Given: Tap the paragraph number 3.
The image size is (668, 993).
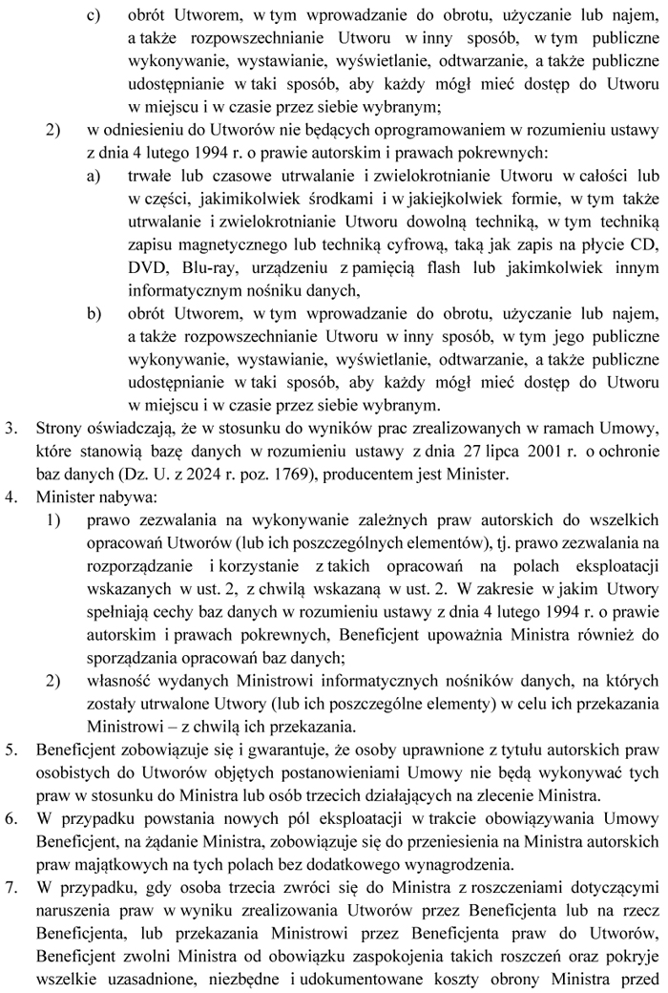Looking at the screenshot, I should tap(12, 429).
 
